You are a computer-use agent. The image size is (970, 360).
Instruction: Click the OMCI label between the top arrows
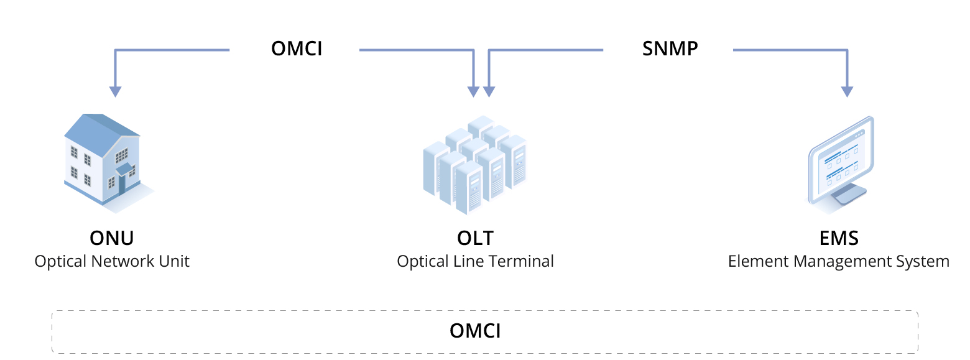pos(297,48)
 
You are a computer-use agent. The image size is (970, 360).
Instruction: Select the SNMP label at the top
pos(670,48)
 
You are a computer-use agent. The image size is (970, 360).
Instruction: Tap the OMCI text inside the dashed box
pos(475,331)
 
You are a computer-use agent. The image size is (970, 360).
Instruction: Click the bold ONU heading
pos(112,238)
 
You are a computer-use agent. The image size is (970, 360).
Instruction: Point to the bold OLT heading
pos(475,238)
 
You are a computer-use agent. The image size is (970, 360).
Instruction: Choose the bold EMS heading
pos(839,238)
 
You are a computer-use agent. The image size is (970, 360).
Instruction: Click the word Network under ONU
pos(119,261)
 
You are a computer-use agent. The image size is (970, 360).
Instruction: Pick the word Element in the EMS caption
pos(754,261)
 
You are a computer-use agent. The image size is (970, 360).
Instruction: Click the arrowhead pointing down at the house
pos(115,91)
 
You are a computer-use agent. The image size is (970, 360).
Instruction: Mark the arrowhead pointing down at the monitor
pos(846,91)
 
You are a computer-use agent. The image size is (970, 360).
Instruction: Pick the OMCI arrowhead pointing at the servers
pos(473,91)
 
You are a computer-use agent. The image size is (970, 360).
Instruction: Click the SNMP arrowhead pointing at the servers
pos(489,91)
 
